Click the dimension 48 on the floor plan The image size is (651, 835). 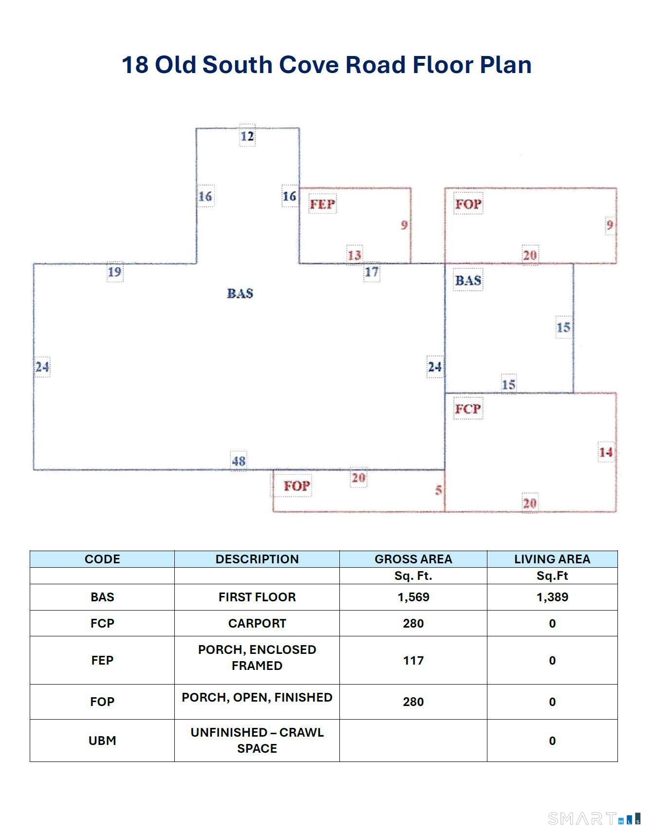[239, 461]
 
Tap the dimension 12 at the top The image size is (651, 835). [247, 136]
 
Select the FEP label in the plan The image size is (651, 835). [322, 204]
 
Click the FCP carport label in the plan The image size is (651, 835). [468, 409]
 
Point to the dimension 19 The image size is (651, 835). [115, 272]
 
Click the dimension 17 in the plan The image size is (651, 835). [372, 272]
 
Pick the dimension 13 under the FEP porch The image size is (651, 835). [354, 255]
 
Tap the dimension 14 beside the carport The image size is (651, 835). [606, 452]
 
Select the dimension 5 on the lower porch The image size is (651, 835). [439, 490]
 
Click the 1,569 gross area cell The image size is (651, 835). [413, 597]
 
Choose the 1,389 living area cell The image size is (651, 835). [552, 597]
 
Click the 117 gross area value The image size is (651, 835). [413, 660]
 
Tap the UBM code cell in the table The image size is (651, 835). [102, 741]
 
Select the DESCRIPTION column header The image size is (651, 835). [257, 559]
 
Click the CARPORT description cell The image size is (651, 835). [257, 623]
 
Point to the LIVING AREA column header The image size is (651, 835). [552, 559]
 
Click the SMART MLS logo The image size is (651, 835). [595, 818]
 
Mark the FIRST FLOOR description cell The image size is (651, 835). [257, 597]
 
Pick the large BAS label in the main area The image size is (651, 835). [240, 293]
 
